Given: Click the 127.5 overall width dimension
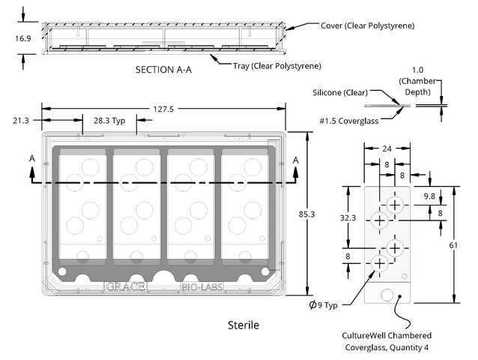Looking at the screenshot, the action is [163, 109].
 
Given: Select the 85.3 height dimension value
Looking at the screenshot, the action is [306, 214].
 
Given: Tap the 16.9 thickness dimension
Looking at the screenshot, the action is [23, 38].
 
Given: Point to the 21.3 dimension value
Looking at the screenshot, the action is [21, 121].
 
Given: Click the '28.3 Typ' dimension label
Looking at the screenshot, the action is [109, 121].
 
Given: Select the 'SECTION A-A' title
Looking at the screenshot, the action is [163, 70].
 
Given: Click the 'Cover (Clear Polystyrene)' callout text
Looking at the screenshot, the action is [368, 25].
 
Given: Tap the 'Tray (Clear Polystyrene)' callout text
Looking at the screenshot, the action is [277, 66].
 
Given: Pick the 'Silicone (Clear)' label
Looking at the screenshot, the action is [340, 92].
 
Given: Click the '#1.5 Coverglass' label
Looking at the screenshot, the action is [349, 121].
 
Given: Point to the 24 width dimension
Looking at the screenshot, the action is [387, 148].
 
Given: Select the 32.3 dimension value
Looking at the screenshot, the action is [348, 217].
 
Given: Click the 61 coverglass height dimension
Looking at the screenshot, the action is [453, 245].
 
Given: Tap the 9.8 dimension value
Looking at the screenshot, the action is [429, 196].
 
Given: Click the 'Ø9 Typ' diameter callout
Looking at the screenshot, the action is [323, 304].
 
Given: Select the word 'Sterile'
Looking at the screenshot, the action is [243, 325].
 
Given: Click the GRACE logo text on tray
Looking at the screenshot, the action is [126, 286].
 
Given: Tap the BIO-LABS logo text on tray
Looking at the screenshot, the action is [202, 286].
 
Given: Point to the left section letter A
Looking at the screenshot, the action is [32, 159].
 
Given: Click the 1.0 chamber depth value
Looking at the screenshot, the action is [417, 70].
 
